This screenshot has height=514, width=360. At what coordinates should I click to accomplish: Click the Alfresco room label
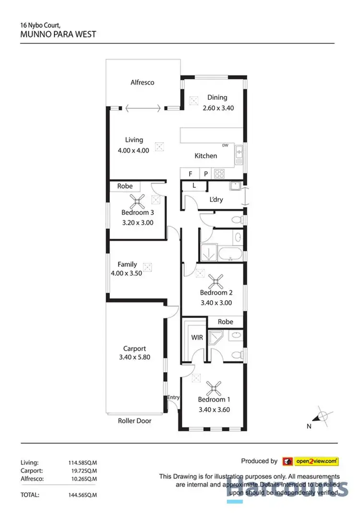click(x=143, y=83)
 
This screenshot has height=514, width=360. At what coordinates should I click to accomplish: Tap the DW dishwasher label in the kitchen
click(x=225, y=146)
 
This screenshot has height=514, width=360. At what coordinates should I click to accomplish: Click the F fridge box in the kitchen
click(x=190, y=174)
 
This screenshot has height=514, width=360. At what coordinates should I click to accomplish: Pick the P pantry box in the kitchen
click(x=206, y=174)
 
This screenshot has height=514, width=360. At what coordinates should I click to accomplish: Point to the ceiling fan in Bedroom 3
click(x=137, y=201)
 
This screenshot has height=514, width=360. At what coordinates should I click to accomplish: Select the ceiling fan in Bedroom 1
click(x=214, y=387)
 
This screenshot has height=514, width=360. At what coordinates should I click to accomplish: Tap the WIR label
click(x=197, y=338)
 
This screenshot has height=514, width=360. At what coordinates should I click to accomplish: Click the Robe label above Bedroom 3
click(x=125, y=186)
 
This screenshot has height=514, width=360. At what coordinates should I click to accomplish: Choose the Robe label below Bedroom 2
click(x=225, y=322)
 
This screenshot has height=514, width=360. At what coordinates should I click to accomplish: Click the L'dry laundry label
click(x=217, y=199)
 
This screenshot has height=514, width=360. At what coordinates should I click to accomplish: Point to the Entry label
click(x=173, y=398)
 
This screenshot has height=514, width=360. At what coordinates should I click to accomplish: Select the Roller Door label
click(x=134, y=421)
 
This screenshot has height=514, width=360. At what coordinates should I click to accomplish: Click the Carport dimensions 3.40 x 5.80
click(x=134, y=357)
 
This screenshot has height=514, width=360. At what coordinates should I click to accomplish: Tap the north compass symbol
click(x=323, y=416)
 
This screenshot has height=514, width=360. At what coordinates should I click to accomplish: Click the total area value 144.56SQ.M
click(x=86, y=493)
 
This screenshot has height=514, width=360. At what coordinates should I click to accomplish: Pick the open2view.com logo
click(x=311, y=461)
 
